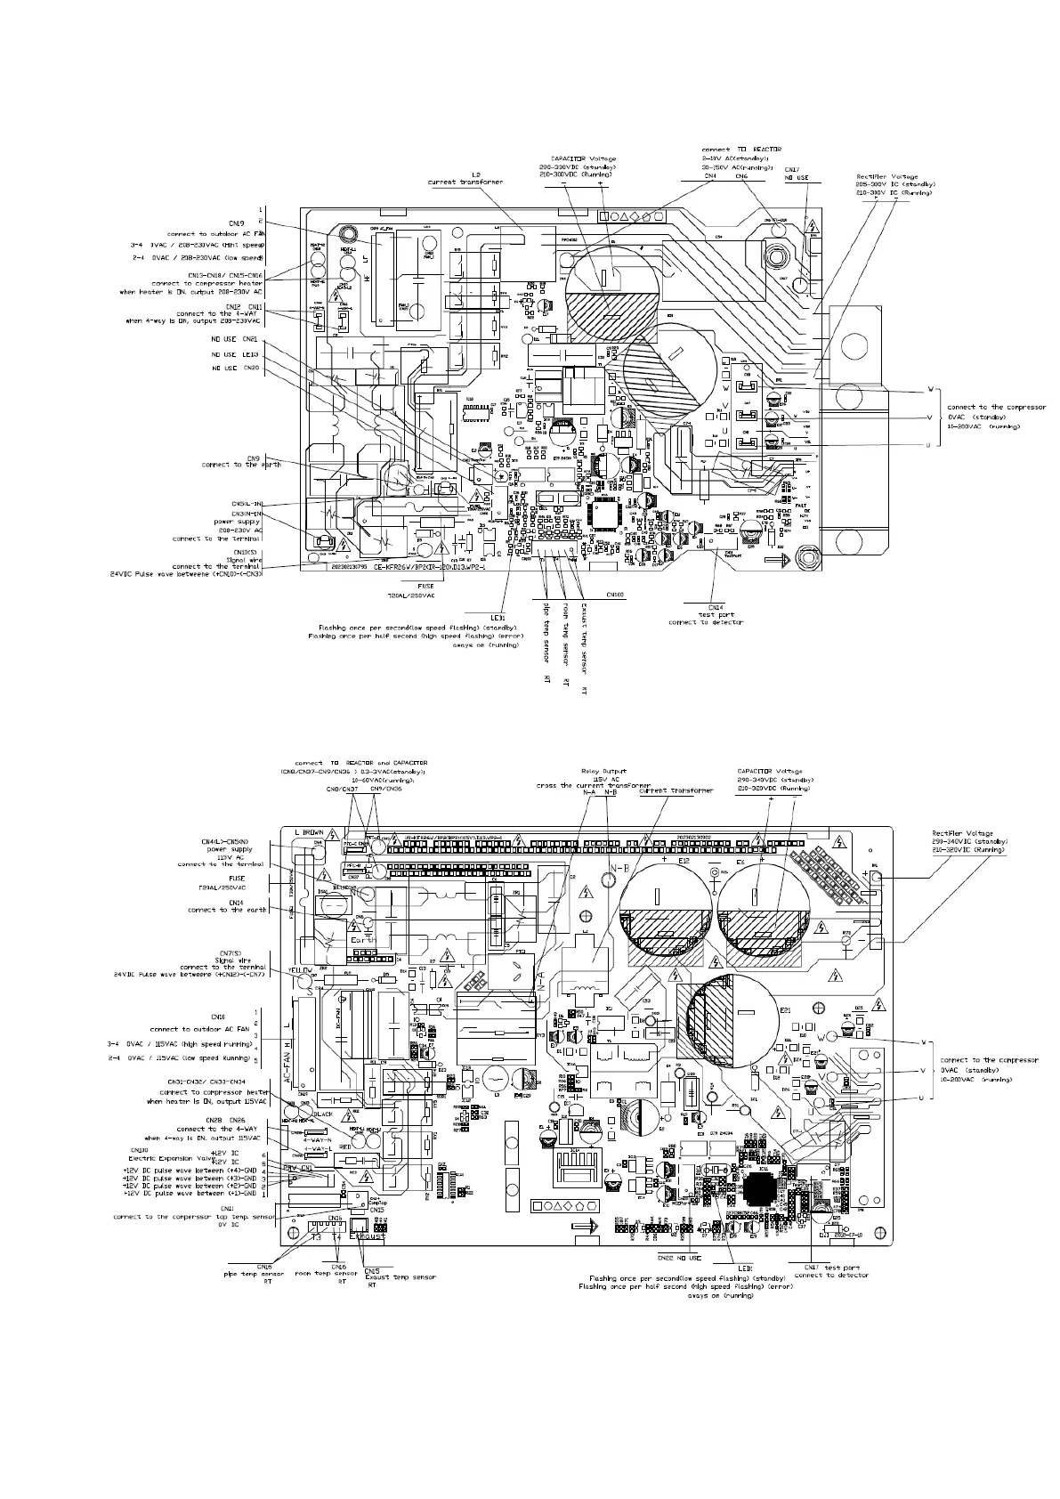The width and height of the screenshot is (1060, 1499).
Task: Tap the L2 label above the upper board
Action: (x=475, y=174)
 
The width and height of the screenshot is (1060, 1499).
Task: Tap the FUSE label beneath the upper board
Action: (x=425, y=587)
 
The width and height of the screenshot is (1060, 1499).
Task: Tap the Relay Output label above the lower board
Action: (x=603, y=772)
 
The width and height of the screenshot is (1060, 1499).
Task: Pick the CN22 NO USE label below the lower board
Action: (x=679, y=1258)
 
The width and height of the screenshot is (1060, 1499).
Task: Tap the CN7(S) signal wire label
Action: (x=223, y=958)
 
